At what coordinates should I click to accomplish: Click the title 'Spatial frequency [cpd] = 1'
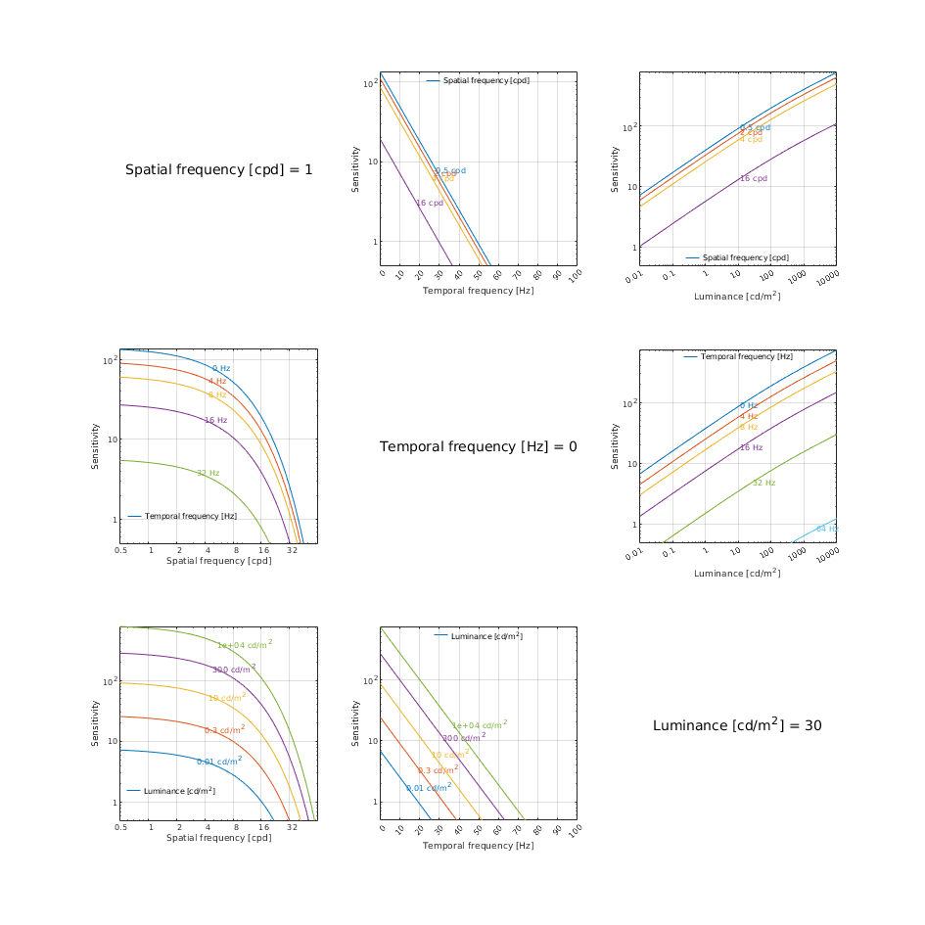[219, 170]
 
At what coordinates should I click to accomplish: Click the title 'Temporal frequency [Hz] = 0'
[479, 447]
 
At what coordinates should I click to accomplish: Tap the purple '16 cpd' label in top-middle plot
[430, 204]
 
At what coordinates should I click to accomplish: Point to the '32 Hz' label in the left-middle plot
[208, 473]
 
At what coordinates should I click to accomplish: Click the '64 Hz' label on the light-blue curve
[827, 529]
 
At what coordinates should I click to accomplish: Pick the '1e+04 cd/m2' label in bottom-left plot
[245, 645]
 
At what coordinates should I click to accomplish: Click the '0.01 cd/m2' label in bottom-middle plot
[429, 788]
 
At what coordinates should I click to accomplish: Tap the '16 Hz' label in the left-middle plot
[215, 420]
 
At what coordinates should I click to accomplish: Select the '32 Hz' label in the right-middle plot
[763, 483]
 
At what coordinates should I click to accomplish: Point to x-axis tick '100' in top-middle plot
[576, 277]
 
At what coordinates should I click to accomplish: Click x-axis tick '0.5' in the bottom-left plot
[120, 827]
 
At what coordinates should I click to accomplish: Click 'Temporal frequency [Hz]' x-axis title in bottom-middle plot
[478, 845]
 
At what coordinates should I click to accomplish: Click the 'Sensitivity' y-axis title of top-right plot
[616, 169]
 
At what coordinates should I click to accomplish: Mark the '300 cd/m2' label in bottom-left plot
[234, 670]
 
